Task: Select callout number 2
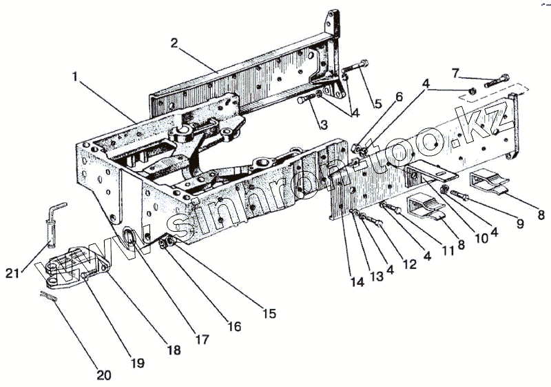click(174, 43)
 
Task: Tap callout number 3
click(322, 124)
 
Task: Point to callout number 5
click(377, 104)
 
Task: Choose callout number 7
click(455, 72)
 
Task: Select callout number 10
click(480, 239)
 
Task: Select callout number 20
click(103, 376)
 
